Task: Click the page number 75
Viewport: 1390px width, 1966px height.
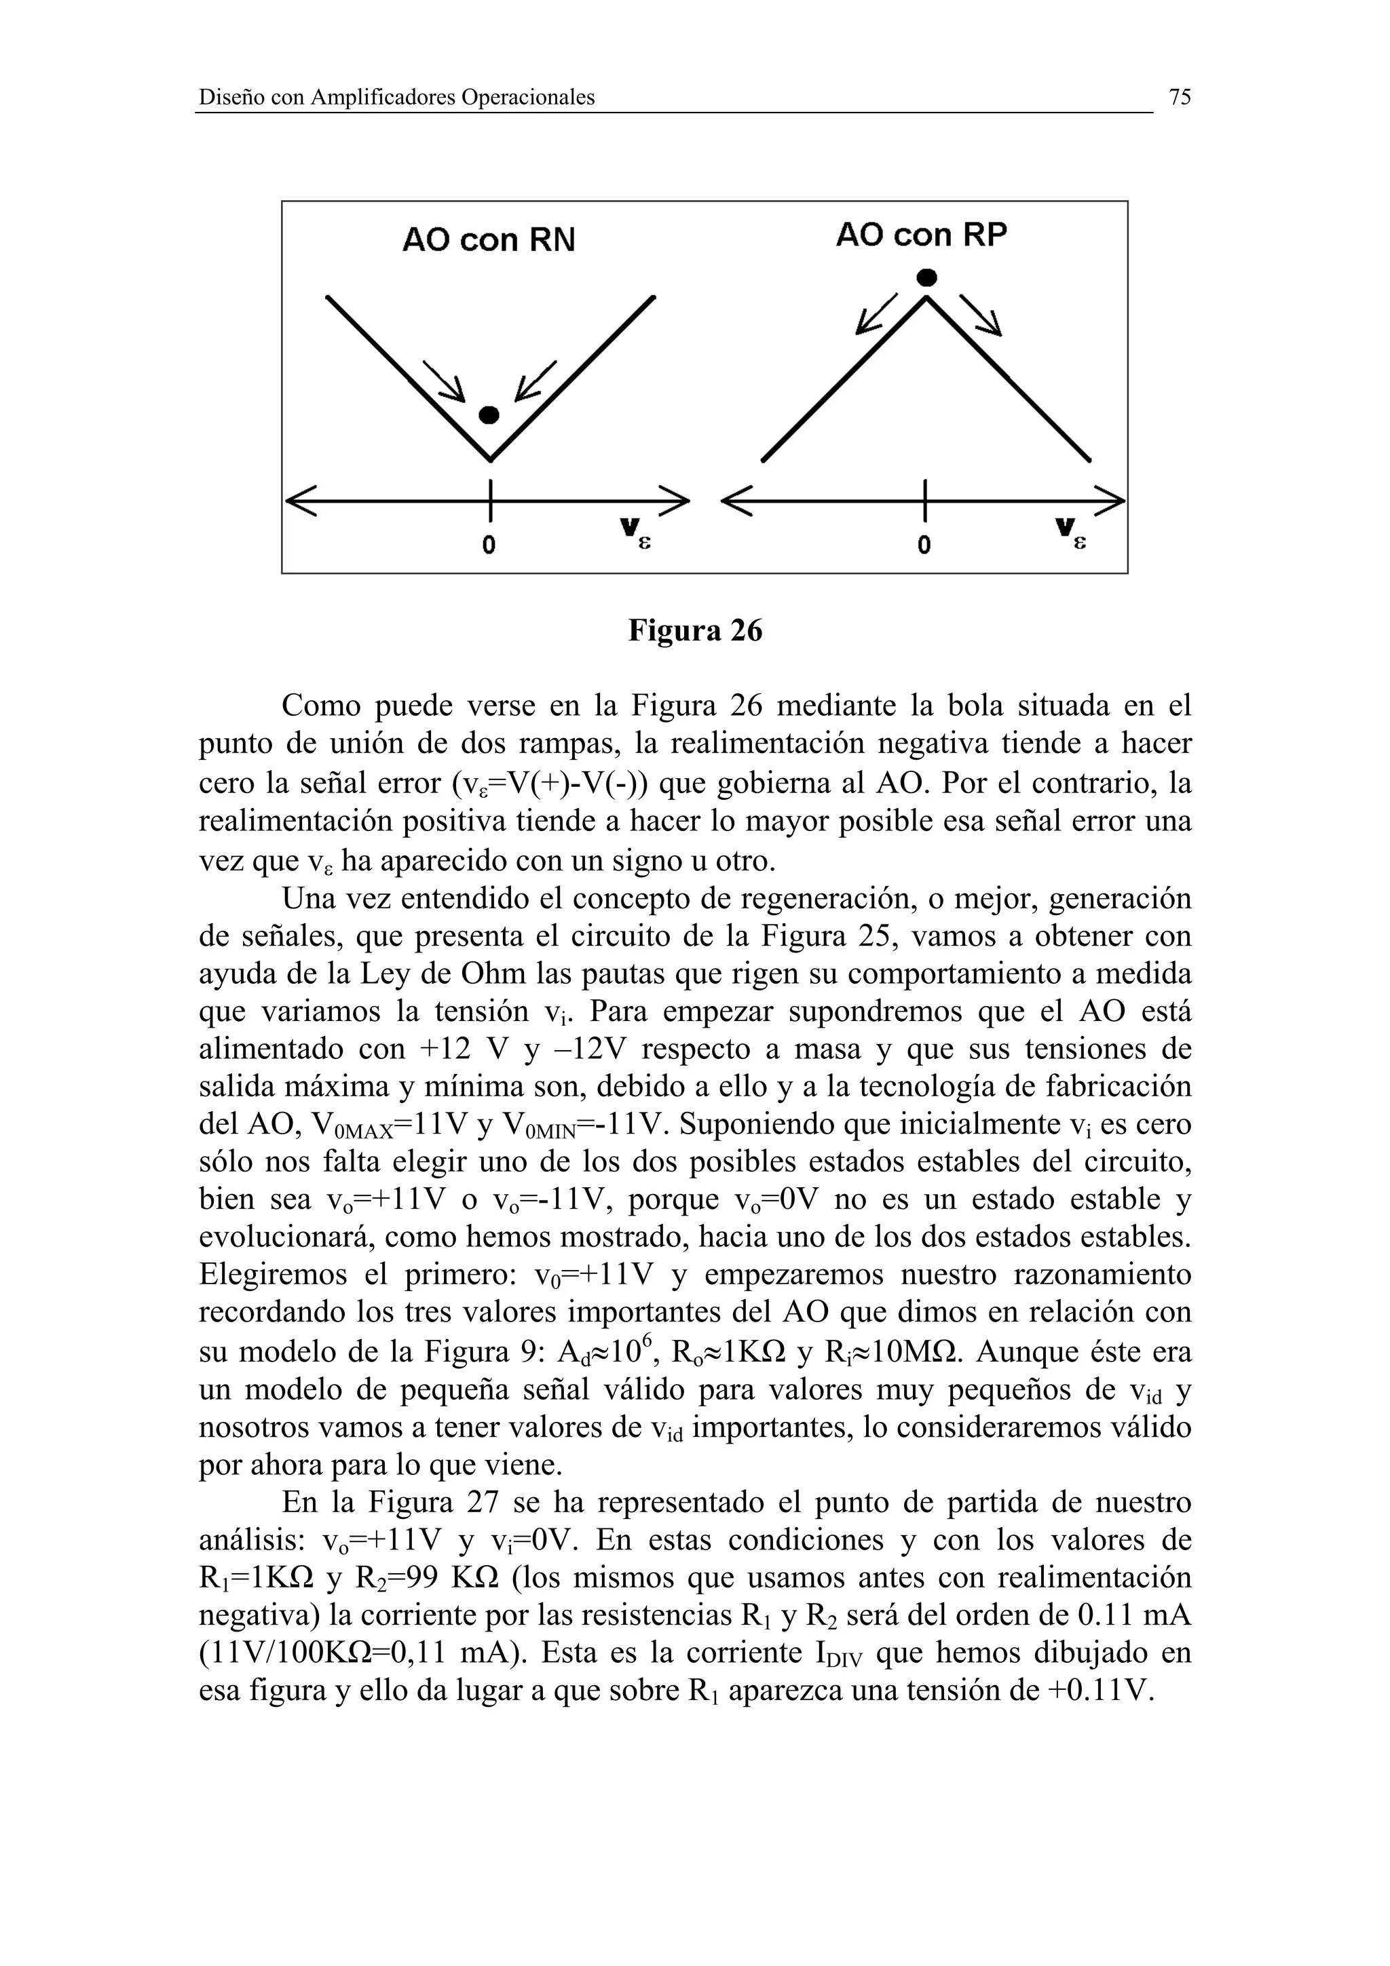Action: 1180,98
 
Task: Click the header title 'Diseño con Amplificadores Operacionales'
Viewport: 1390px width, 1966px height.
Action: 396,98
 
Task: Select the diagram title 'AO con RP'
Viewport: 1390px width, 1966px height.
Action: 921,235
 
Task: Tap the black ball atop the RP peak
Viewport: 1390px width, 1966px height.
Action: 926,277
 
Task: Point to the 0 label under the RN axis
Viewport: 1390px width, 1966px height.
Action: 488,545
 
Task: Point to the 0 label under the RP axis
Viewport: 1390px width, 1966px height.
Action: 924,545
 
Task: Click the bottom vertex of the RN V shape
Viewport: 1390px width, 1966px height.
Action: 490,458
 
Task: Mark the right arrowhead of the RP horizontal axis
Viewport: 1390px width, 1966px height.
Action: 1112,501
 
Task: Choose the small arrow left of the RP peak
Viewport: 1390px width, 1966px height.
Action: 876,314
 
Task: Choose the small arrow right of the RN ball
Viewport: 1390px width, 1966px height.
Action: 534,381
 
